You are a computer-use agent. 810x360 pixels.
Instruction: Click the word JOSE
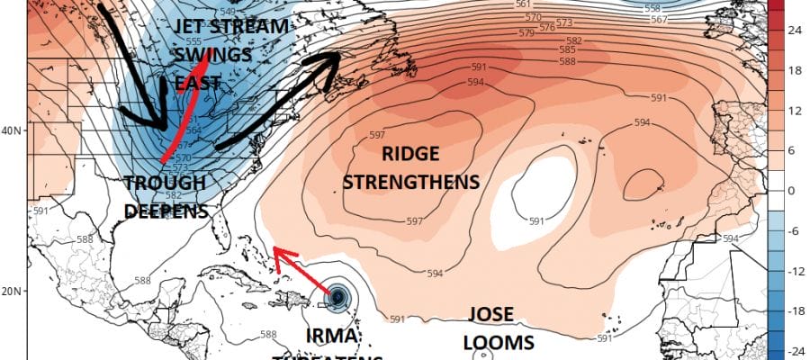pos(490,316)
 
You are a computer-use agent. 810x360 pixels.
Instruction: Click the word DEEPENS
pos(168,211)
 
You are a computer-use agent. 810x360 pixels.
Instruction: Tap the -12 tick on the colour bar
pos(796,272)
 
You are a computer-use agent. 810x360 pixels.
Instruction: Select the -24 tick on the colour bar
pos(796,352)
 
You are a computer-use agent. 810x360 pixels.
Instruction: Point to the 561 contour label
pos(522,5)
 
